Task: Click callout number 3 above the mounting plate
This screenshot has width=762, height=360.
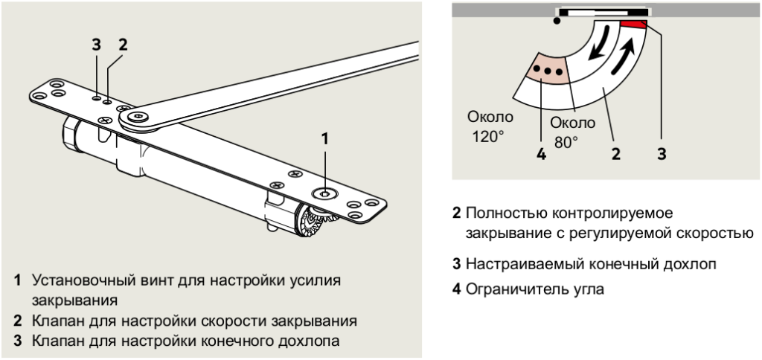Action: (96, 44)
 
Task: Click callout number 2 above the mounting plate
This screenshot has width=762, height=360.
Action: (123, 44)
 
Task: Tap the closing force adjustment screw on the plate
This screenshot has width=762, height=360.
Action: (324, 193)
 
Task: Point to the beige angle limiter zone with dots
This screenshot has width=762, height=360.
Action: (548, 71)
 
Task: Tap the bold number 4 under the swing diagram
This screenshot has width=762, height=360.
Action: (540, 155)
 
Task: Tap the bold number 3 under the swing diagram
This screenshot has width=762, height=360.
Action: (661, 155)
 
